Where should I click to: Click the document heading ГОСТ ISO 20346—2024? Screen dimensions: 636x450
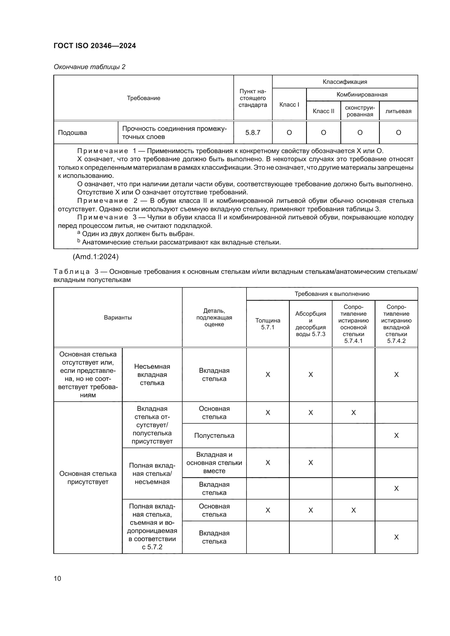95,46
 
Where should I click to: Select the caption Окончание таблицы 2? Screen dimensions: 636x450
90,67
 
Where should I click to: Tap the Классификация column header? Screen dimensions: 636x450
345,82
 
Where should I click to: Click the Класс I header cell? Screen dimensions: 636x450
289,104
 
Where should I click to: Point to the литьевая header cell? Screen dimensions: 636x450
398,111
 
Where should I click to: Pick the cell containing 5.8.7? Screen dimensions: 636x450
253,132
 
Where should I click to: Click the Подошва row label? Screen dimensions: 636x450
72,132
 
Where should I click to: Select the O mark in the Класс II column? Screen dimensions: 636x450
323,132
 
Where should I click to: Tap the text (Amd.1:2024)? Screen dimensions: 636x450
95,257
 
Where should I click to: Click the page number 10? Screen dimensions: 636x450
57,578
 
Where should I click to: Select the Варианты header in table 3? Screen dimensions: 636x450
118,317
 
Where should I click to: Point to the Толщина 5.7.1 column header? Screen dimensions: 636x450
268,324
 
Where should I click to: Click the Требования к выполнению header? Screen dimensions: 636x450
332,294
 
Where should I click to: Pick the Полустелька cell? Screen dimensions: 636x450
214,435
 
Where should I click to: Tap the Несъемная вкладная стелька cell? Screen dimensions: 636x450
152,374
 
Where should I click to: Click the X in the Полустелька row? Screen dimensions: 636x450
396,435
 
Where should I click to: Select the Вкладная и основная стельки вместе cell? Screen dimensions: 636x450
214,463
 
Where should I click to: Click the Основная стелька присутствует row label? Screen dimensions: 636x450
88,477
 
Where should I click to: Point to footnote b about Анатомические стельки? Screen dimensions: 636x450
179,242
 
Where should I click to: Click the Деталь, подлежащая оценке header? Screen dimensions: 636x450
214,317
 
